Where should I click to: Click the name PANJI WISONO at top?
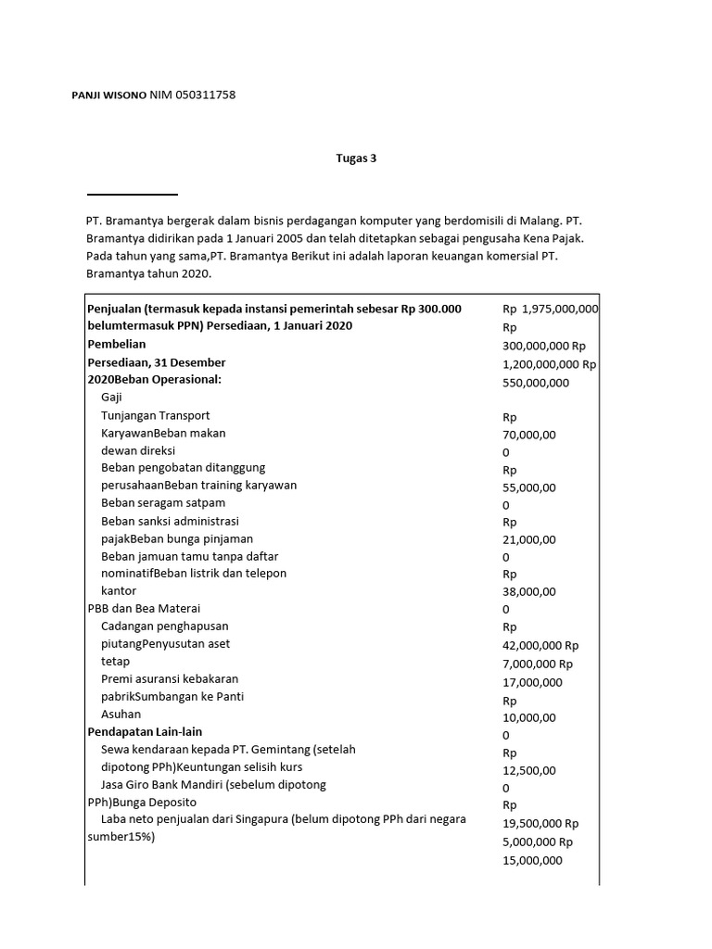[108, 95]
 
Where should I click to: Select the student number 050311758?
[207, 95]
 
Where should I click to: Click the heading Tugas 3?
[356, 158]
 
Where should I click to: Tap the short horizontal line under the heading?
[132, 195]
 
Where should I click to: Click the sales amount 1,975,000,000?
[560, 309]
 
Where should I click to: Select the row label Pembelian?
[116, 344]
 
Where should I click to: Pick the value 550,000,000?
[536, 382]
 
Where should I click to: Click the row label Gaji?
[111, 397]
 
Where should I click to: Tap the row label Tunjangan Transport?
[155, 415]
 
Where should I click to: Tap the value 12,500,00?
[529, 770]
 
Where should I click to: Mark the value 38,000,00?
[529, 591]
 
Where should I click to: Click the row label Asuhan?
[121, 715]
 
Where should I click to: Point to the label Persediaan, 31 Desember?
[156, 361]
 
